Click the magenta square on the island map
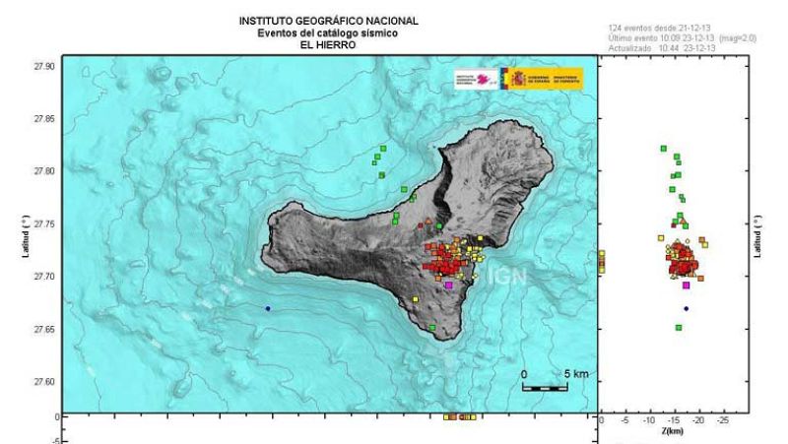(x=449, y=285)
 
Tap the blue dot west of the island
(x=267, y=308)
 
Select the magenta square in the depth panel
(x=686, y=285)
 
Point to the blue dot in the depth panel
(x=686, y=308)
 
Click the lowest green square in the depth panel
(x=679, y=328)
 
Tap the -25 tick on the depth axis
(x=724, y=420)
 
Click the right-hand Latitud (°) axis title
(x=757, y=238)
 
